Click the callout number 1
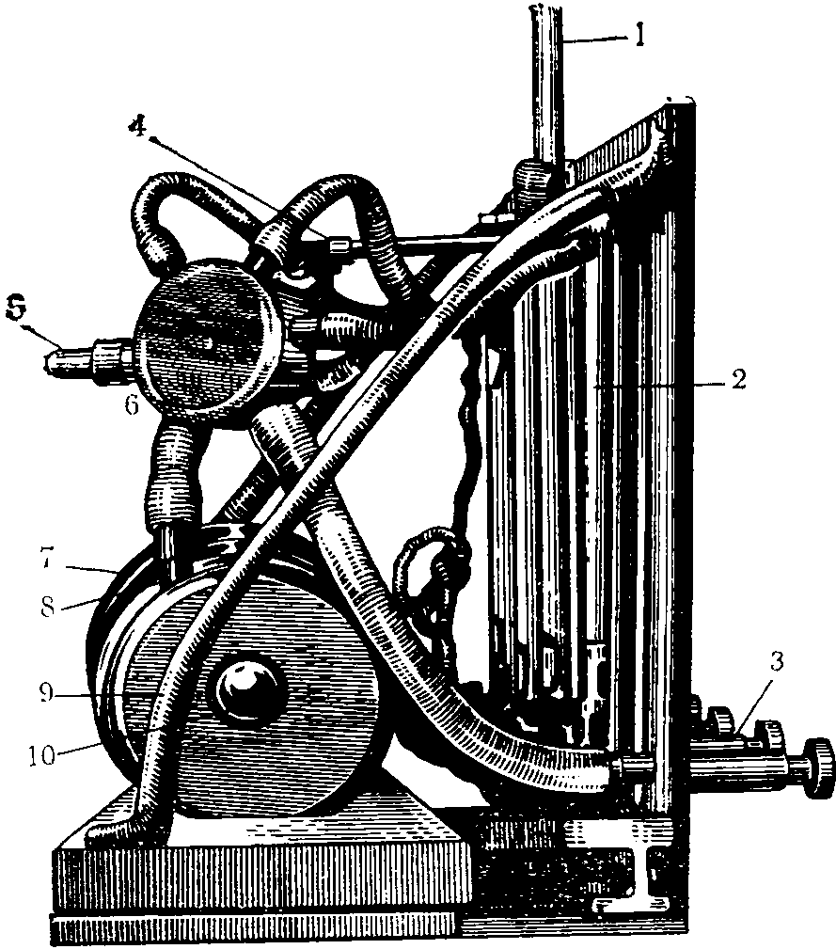click(640, 39)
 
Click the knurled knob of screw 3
click(815, 765)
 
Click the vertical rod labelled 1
click(548, 94)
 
